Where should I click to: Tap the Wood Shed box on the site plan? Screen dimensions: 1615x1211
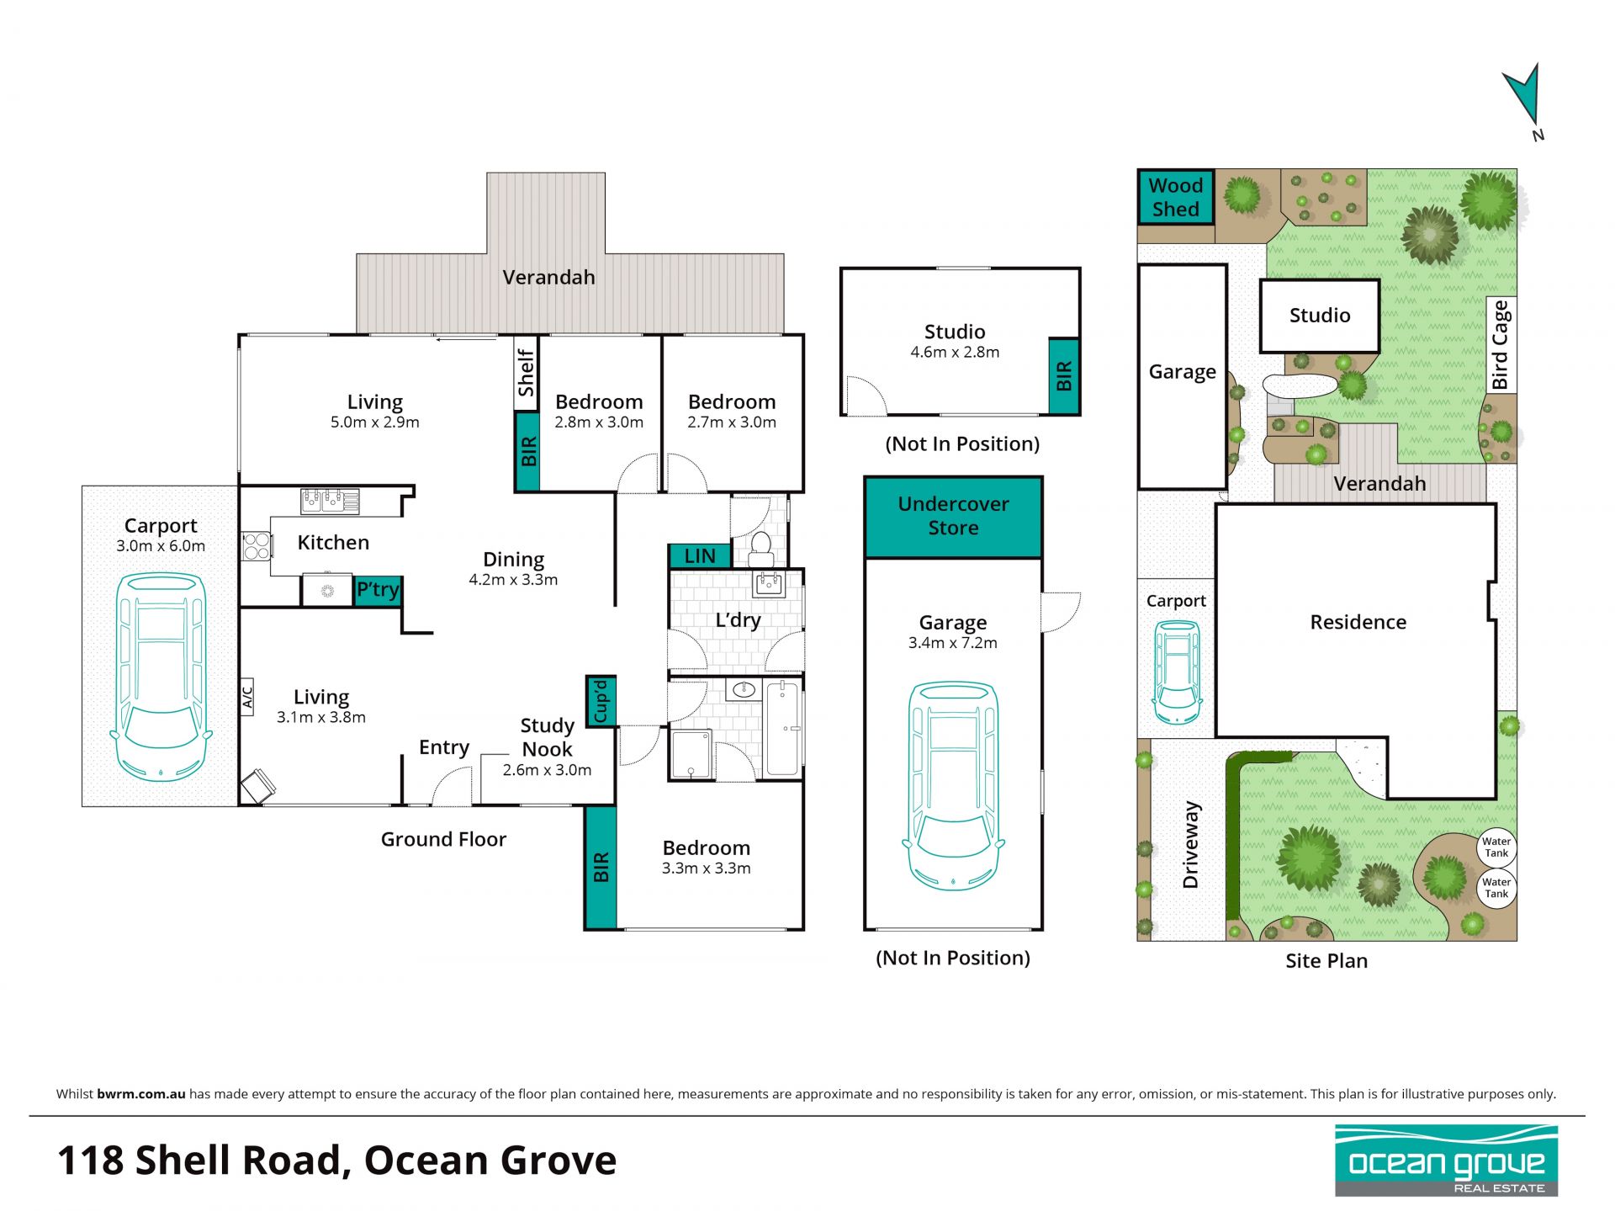pyautogui.click(x=1175, y=197)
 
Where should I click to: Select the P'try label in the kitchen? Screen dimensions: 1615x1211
pyautogui.click(x=378, y=590)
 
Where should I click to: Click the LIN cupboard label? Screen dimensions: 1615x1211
pyautogui.click(x=699, y=556)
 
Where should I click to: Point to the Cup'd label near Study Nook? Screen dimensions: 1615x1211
pyautogui.click(x=601, y=701)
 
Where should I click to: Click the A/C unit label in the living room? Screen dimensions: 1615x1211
pyautogui.click(x=247, y=697)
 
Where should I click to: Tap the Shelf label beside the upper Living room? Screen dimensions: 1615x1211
pyautogui.click(x=526, y=373)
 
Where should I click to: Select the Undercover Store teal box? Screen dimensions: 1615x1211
pyautogui.click(x=953, y=517)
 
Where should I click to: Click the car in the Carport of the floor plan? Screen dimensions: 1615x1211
pyautogui.click(x=161, y=677)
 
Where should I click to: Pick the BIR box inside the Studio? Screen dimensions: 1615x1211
pyautogui.click(x=1064, y=376)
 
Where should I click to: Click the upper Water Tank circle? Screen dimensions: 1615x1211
pyautogui.click(x=1496, y=847)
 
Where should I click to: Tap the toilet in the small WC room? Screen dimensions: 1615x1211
pyautogui.click(x=761, y=548)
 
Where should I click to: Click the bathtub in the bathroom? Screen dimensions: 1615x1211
pyautogui.click(x=783, y=728)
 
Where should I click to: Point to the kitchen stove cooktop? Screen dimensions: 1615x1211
pyautogui.click(x=257, y=545)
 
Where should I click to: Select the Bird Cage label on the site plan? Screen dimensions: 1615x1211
pyautogui.click(x=1501, y=344)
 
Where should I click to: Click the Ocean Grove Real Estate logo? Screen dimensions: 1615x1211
pyautogui.click(x=1446, y=1161)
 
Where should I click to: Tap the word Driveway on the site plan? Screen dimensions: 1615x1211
pyautogui.click(x=1191, y=845)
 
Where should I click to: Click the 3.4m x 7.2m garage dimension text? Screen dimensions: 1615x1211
pyautogui.click(x=953, y=643)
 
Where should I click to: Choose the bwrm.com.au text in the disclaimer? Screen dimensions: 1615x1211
pyautogui.click(x=141, y=1094)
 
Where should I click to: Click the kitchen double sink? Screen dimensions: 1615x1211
pyautogui.click(x=330, y=502)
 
